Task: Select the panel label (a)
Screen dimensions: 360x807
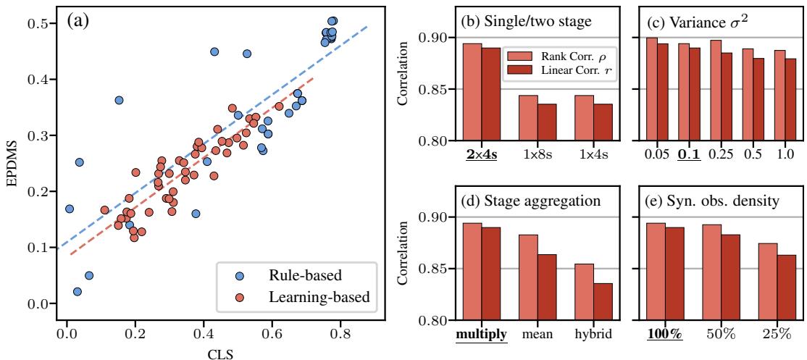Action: point(78,21)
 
